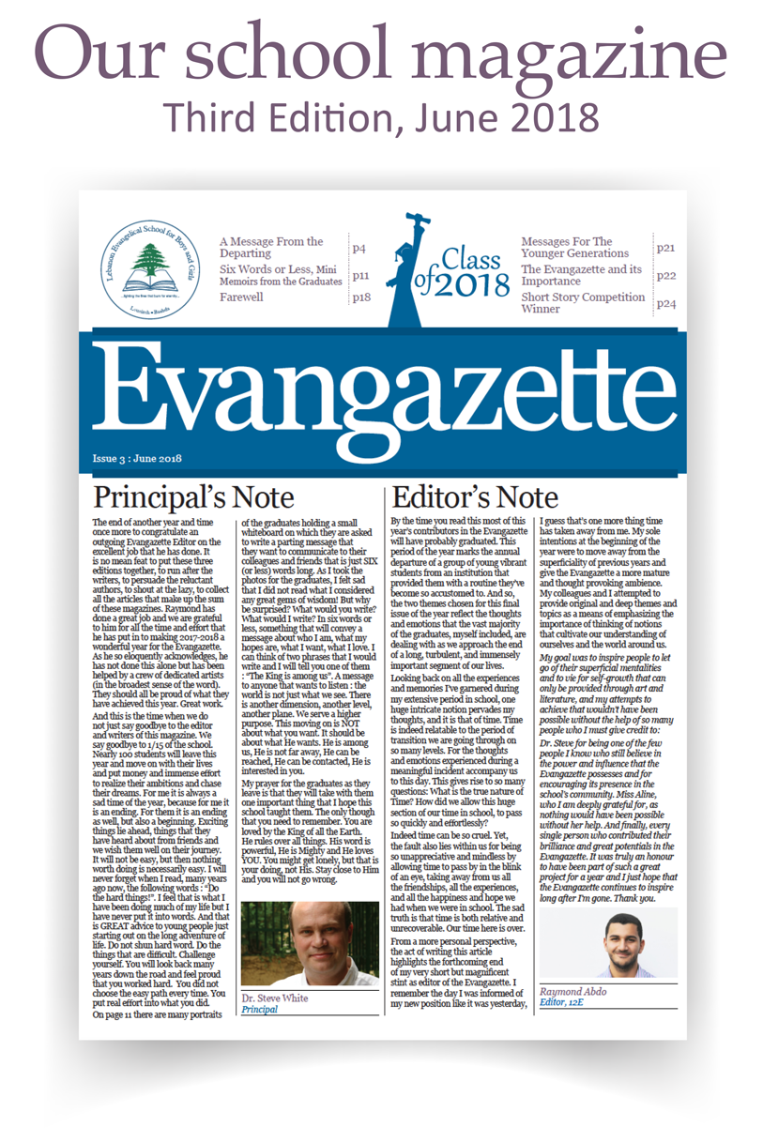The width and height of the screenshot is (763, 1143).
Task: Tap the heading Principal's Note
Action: click(x=194, y=496)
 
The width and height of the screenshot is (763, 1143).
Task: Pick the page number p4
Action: click(x=359, y=249)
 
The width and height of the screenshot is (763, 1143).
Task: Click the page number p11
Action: click(x=362, y=276)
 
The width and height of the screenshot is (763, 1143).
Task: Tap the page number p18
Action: click(x=362, y=297)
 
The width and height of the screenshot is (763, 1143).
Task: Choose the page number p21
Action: click(x=666, y=249)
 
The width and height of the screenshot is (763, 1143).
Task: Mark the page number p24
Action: click(x=666, y=303)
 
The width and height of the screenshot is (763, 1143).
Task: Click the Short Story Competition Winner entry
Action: click(x=582, y=302)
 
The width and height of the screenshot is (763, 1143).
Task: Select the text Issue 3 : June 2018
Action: click(x=137, y=459)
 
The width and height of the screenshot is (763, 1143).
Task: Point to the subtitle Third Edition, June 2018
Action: click(x=381, y=116)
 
